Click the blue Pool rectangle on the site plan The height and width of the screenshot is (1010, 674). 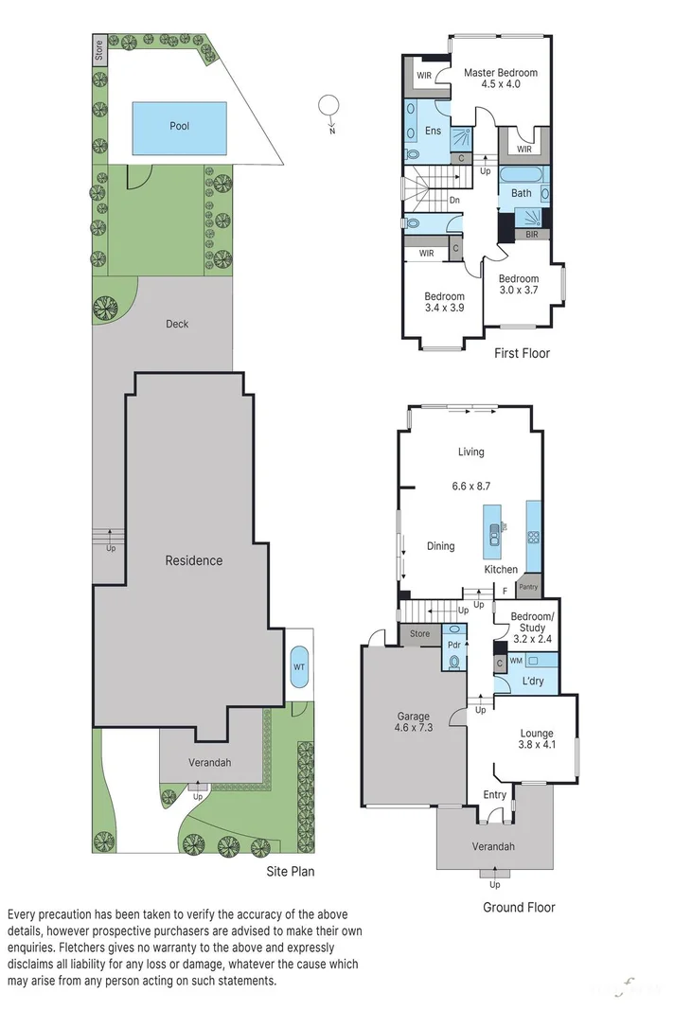(x=179, y=128)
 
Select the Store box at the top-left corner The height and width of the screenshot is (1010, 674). (x=98, y=50)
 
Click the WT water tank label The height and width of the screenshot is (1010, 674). (x=299, y=665)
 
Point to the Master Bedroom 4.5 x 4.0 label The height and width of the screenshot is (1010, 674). (x=500, y=79)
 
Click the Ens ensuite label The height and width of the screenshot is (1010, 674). (x=433, y=131)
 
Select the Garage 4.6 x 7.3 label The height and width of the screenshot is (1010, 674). (x=412, y=722)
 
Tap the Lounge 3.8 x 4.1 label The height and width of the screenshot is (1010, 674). (x=537, y=739)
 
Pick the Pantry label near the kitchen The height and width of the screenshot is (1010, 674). (x=528, y=587)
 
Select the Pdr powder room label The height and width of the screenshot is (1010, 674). (x=453, y=644)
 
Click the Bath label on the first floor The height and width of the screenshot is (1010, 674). (x=522, y=193)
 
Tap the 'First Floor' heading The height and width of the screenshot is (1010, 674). (x=522, y=353)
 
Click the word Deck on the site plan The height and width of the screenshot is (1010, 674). (x=177, y=324)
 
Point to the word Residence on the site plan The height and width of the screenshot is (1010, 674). (x=194, y=560)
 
